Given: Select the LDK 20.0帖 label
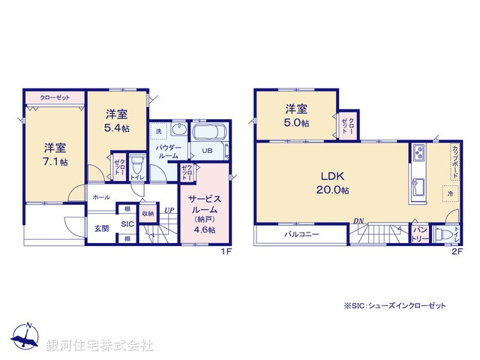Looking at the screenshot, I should pos(332,183).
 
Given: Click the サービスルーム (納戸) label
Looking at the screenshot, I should pos(202,213).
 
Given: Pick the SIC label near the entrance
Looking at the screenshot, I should pos(127,224).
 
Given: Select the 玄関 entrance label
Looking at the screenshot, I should pos(101,227).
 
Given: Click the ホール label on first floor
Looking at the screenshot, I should pos(100,197).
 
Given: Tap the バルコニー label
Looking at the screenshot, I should pos(301,235).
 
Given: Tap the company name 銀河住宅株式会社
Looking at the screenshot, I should pos(100,345).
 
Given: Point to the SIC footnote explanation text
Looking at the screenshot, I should pos(394,306).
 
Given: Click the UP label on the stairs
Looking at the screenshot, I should pos(170,209).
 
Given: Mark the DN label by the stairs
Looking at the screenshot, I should pos(358,220).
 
